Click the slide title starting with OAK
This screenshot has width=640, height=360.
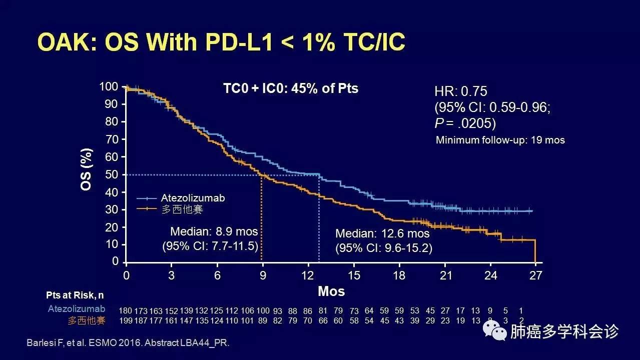point(221,43)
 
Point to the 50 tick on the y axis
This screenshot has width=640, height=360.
point(112,174)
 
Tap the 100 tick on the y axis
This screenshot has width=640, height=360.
point(109,87)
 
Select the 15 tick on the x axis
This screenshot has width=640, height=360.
point(354,275)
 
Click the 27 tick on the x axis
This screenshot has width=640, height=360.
point(535,275)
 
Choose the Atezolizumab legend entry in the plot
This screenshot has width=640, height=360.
point(193,198)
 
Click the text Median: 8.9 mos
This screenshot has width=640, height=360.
point(214,232)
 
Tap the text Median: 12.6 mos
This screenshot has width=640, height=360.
point(382,234)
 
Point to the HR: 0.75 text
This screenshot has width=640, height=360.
point(460,91)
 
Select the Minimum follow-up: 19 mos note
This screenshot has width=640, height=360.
point(500,140)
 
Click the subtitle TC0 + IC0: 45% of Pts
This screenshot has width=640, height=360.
point(291,88)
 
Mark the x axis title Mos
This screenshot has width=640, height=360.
point(331,290)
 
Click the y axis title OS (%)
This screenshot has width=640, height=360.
point(87,169)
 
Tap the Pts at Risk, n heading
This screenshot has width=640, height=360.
point(75,295)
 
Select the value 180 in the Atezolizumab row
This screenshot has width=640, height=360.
point(126,311)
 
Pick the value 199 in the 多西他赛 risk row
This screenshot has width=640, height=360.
point(126,320)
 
